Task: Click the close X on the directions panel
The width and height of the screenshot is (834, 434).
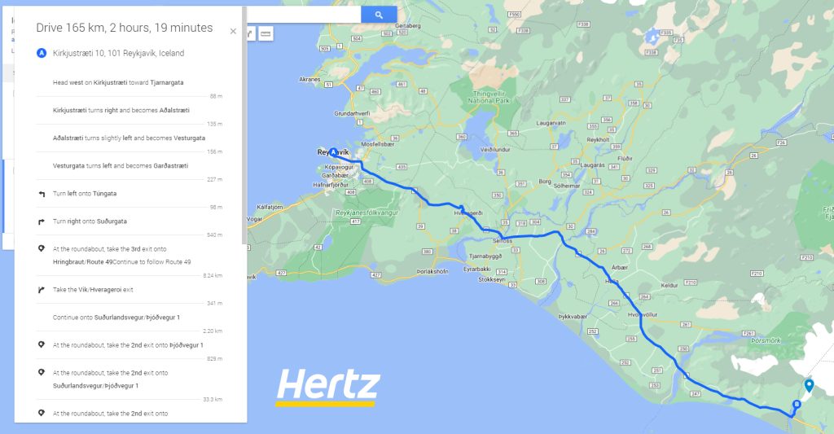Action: point(233,32)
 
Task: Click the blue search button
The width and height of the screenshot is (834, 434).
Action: point(379,15)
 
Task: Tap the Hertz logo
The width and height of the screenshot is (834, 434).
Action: point(327,386)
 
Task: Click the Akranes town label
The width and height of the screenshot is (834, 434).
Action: point(310,80)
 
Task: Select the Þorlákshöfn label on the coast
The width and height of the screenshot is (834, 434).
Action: point(432,271)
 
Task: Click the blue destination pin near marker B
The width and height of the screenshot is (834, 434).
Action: point(808,386)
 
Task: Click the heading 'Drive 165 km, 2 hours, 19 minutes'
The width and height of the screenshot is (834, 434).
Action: point(124,28)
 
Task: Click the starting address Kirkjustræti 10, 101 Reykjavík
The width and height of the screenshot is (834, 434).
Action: point(118,54)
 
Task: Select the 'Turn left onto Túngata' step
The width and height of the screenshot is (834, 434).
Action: point(85,194)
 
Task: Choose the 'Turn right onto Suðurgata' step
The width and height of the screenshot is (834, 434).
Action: point(90,221)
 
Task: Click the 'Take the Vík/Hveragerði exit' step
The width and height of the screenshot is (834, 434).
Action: point(93,290)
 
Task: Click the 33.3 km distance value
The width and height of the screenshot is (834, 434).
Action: point(214,400)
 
